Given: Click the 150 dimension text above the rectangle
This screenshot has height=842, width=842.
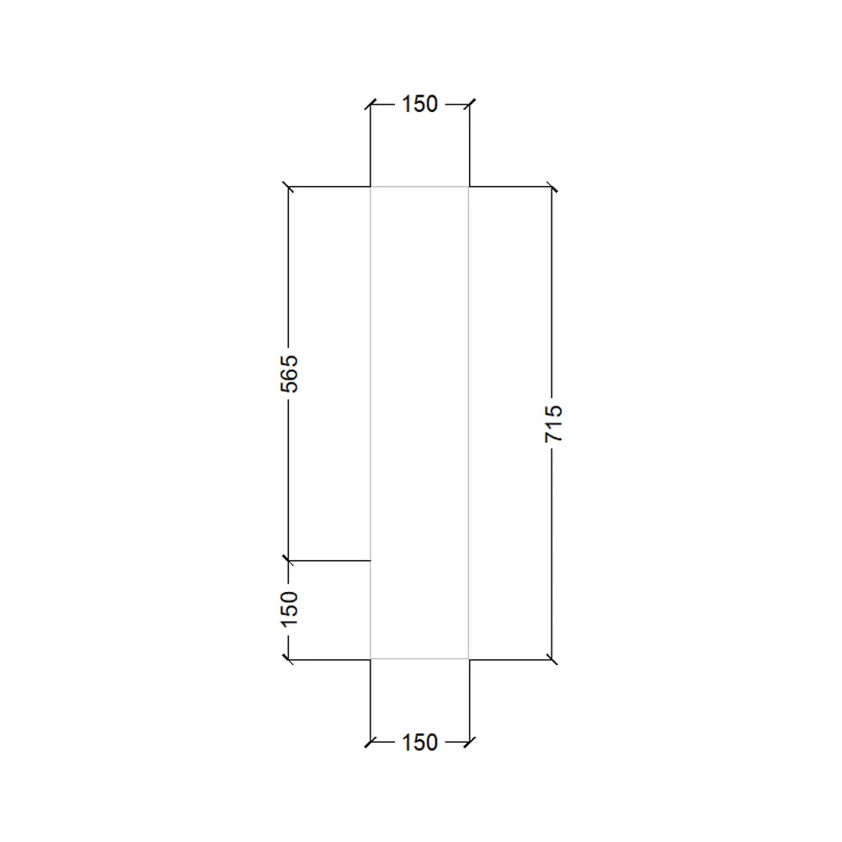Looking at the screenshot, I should pyautogui.click(x=419, y=104).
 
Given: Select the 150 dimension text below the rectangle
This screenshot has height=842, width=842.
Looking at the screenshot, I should pyautogui.click(x=419, y=743).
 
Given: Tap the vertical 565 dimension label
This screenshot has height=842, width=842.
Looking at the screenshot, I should pyautogui.click(x=289, y=372).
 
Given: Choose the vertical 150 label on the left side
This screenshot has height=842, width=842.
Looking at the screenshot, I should pyautogui.click(x=289, y=608).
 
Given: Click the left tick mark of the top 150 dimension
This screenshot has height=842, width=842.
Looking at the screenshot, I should pyautogui.click(x=370, y=104).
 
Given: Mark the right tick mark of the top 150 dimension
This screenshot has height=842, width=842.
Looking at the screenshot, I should pyautogui.click(x=469, y=104).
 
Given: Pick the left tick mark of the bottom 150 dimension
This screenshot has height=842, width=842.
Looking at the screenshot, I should pyautogui.click(x=370, y=743).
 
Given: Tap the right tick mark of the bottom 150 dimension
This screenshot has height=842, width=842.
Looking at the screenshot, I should pyautogui.click(x=469, y=743).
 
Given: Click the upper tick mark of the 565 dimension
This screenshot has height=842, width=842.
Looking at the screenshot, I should pyautogui.click(x=289, y=186).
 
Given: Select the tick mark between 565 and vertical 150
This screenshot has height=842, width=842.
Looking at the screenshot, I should pyautogui.click(x=289, y=560).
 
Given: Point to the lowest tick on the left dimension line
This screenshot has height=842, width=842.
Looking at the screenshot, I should pyautogui.click(x=289, y=659).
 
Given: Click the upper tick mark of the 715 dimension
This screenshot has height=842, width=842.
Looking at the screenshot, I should pyautogui.click(x=552, y=186).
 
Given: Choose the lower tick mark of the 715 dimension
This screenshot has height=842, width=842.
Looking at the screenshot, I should pyautogui.click(x=552, y=659).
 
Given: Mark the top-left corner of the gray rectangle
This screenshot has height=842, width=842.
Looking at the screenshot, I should pyautogui.click(x=370, y=186).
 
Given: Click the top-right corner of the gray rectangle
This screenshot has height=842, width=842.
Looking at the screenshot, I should pyautogui.click(x=469, y=186).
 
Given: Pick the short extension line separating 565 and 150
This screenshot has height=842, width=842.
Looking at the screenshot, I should pyautogui.click(x=333, y=560).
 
